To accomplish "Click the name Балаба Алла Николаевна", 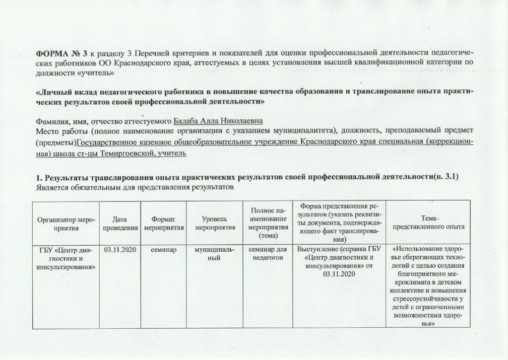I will coord(218,121).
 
